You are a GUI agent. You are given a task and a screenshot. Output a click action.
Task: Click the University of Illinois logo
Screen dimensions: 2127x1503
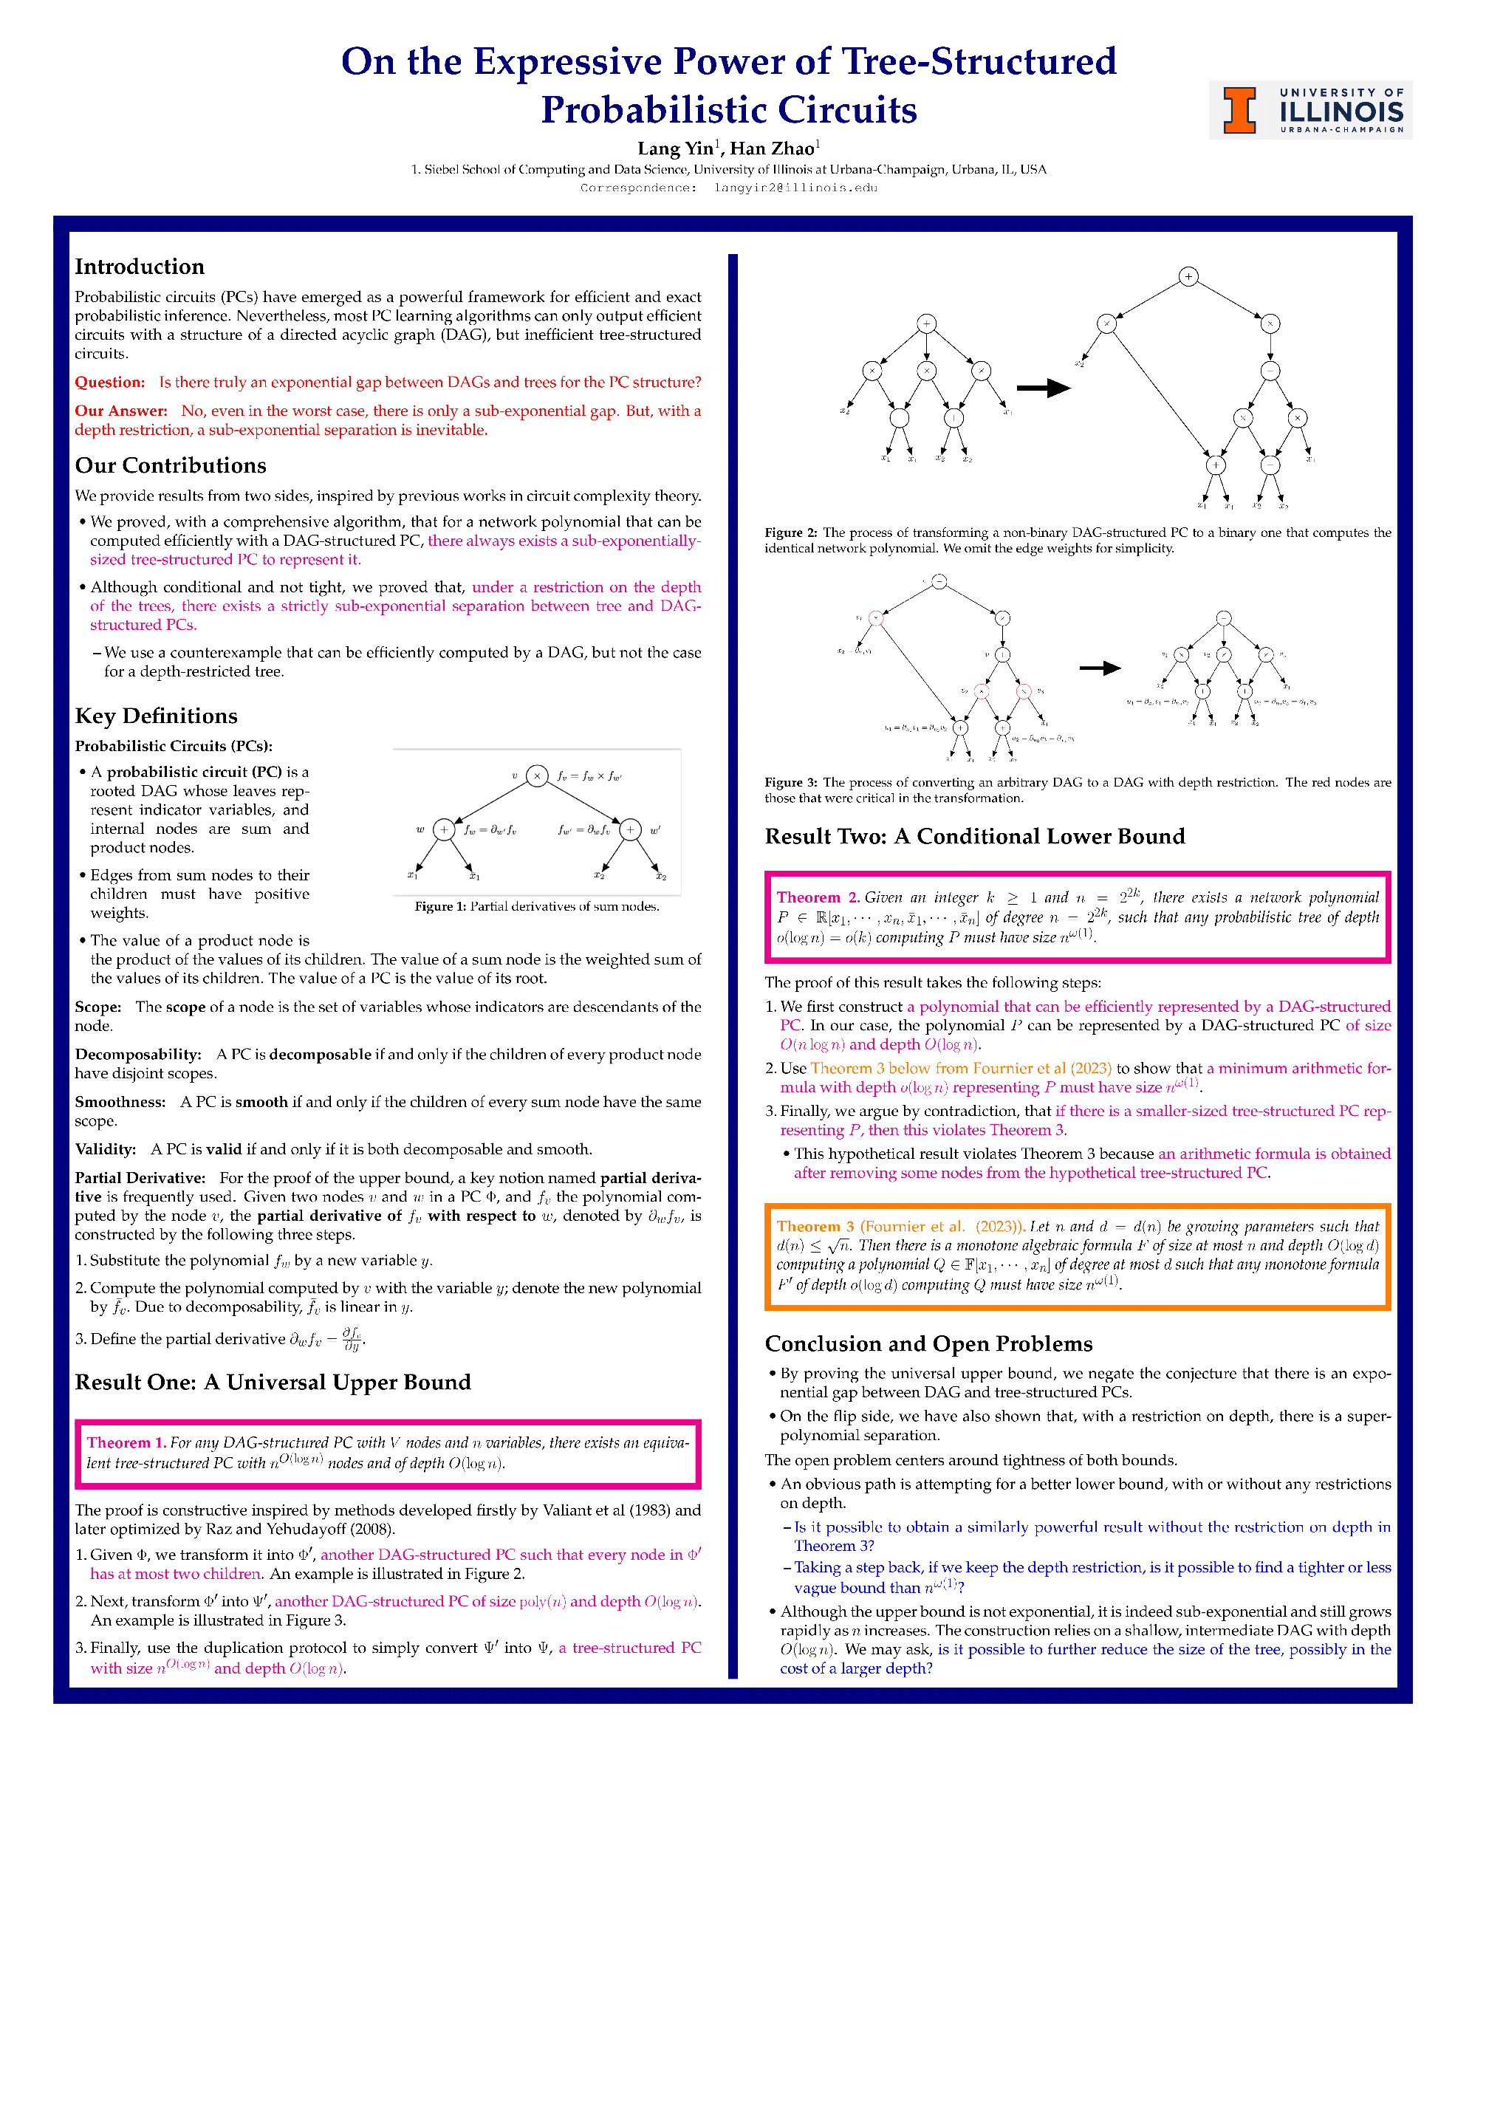1309,110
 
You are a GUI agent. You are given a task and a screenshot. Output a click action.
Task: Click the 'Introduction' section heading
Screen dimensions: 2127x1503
139,267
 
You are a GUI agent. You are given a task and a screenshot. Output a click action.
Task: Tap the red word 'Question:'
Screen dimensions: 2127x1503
109,382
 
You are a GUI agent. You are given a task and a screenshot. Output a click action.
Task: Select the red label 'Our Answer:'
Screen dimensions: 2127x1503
120,411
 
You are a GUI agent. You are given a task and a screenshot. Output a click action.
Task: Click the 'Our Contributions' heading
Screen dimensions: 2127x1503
171,465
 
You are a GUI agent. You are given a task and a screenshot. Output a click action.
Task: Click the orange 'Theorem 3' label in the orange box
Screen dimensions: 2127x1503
815,1226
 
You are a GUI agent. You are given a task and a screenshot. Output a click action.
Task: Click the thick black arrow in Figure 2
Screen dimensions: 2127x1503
1042,388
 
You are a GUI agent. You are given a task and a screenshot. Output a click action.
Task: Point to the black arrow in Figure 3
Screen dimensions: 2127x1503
1100,668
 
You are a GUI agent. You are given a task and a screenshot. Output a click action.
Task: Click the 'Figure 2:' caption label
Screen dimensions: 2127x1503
790,532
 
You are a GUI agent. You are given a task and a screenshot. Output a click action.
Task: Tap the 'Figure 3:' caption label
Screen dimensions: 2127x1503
790,782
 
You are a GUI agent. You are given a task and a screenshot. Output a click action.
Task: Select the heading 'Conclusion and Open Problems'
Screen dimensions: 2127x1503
928,1343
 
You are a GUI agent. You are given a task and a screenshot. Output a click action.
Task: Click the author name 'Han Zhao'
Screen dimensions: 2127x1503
772,148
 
